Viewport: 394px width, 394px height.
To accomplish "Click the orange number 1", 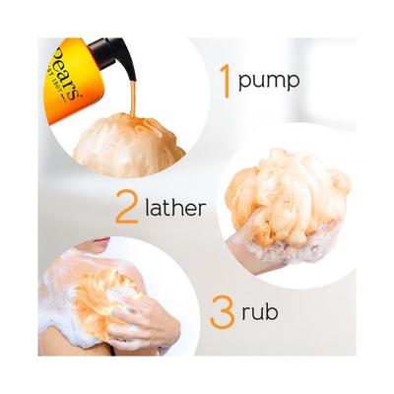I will point(225,80).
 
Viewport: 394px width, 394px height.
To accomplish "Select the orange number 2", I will point(125,206).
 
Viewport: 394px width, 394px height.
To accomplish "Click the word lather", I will point(174,208).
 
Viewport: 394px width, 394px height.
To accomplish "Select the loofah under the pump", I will point(127,139).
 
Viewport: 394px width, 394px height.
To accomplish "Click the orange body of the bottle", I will point(79,74).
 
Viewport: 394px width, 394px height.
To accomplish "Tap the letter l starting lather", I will point(148,207).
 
